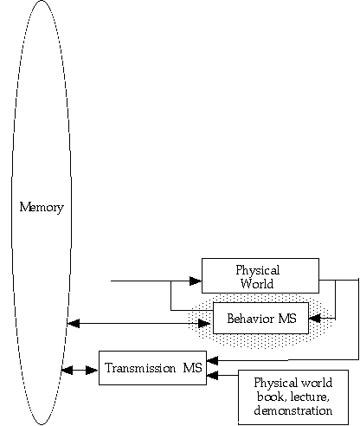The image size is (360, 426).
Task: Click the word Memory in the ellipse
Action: [x=42, y=208]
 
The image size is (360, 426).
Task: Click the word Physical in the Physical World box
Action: [x=258, y=271]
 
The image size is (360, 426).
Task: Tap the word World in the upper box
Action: [x=257, y=284]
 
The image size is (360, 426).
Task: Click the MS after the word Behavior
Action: [x=287, y=319]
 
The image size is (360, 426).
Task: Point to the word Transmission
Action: [x=140, y=368]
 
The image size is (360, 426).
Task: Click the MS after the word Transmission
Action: [x=192, y=368]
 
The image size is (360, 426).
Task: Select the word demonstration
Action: [x=293, y=410]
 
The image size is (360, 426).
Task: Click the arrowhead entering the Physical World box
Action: [x=196, y=281]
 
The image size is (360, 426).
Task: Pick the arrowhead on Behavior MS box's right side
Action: [x=314, y=319]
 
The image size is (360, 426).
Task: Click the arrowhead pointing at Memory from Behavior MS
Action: [x=74, y=324]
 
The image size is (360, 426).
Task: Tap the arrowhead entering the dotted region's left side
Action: [x=204, y=324]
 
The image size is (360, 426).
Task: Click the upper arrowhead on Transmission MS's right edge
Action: [x=212, y=360]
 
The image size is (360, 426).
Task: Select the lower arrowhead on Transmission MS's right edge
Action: [x=212, y=376]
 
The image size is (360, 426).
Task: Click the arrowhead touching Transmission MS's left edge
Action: [x=93, y=370]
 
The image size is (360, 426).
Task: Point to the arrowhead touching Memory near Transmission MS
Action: [x=67, y=370]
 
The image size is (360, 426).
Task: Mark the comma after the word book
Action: [x=285, y=401]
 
